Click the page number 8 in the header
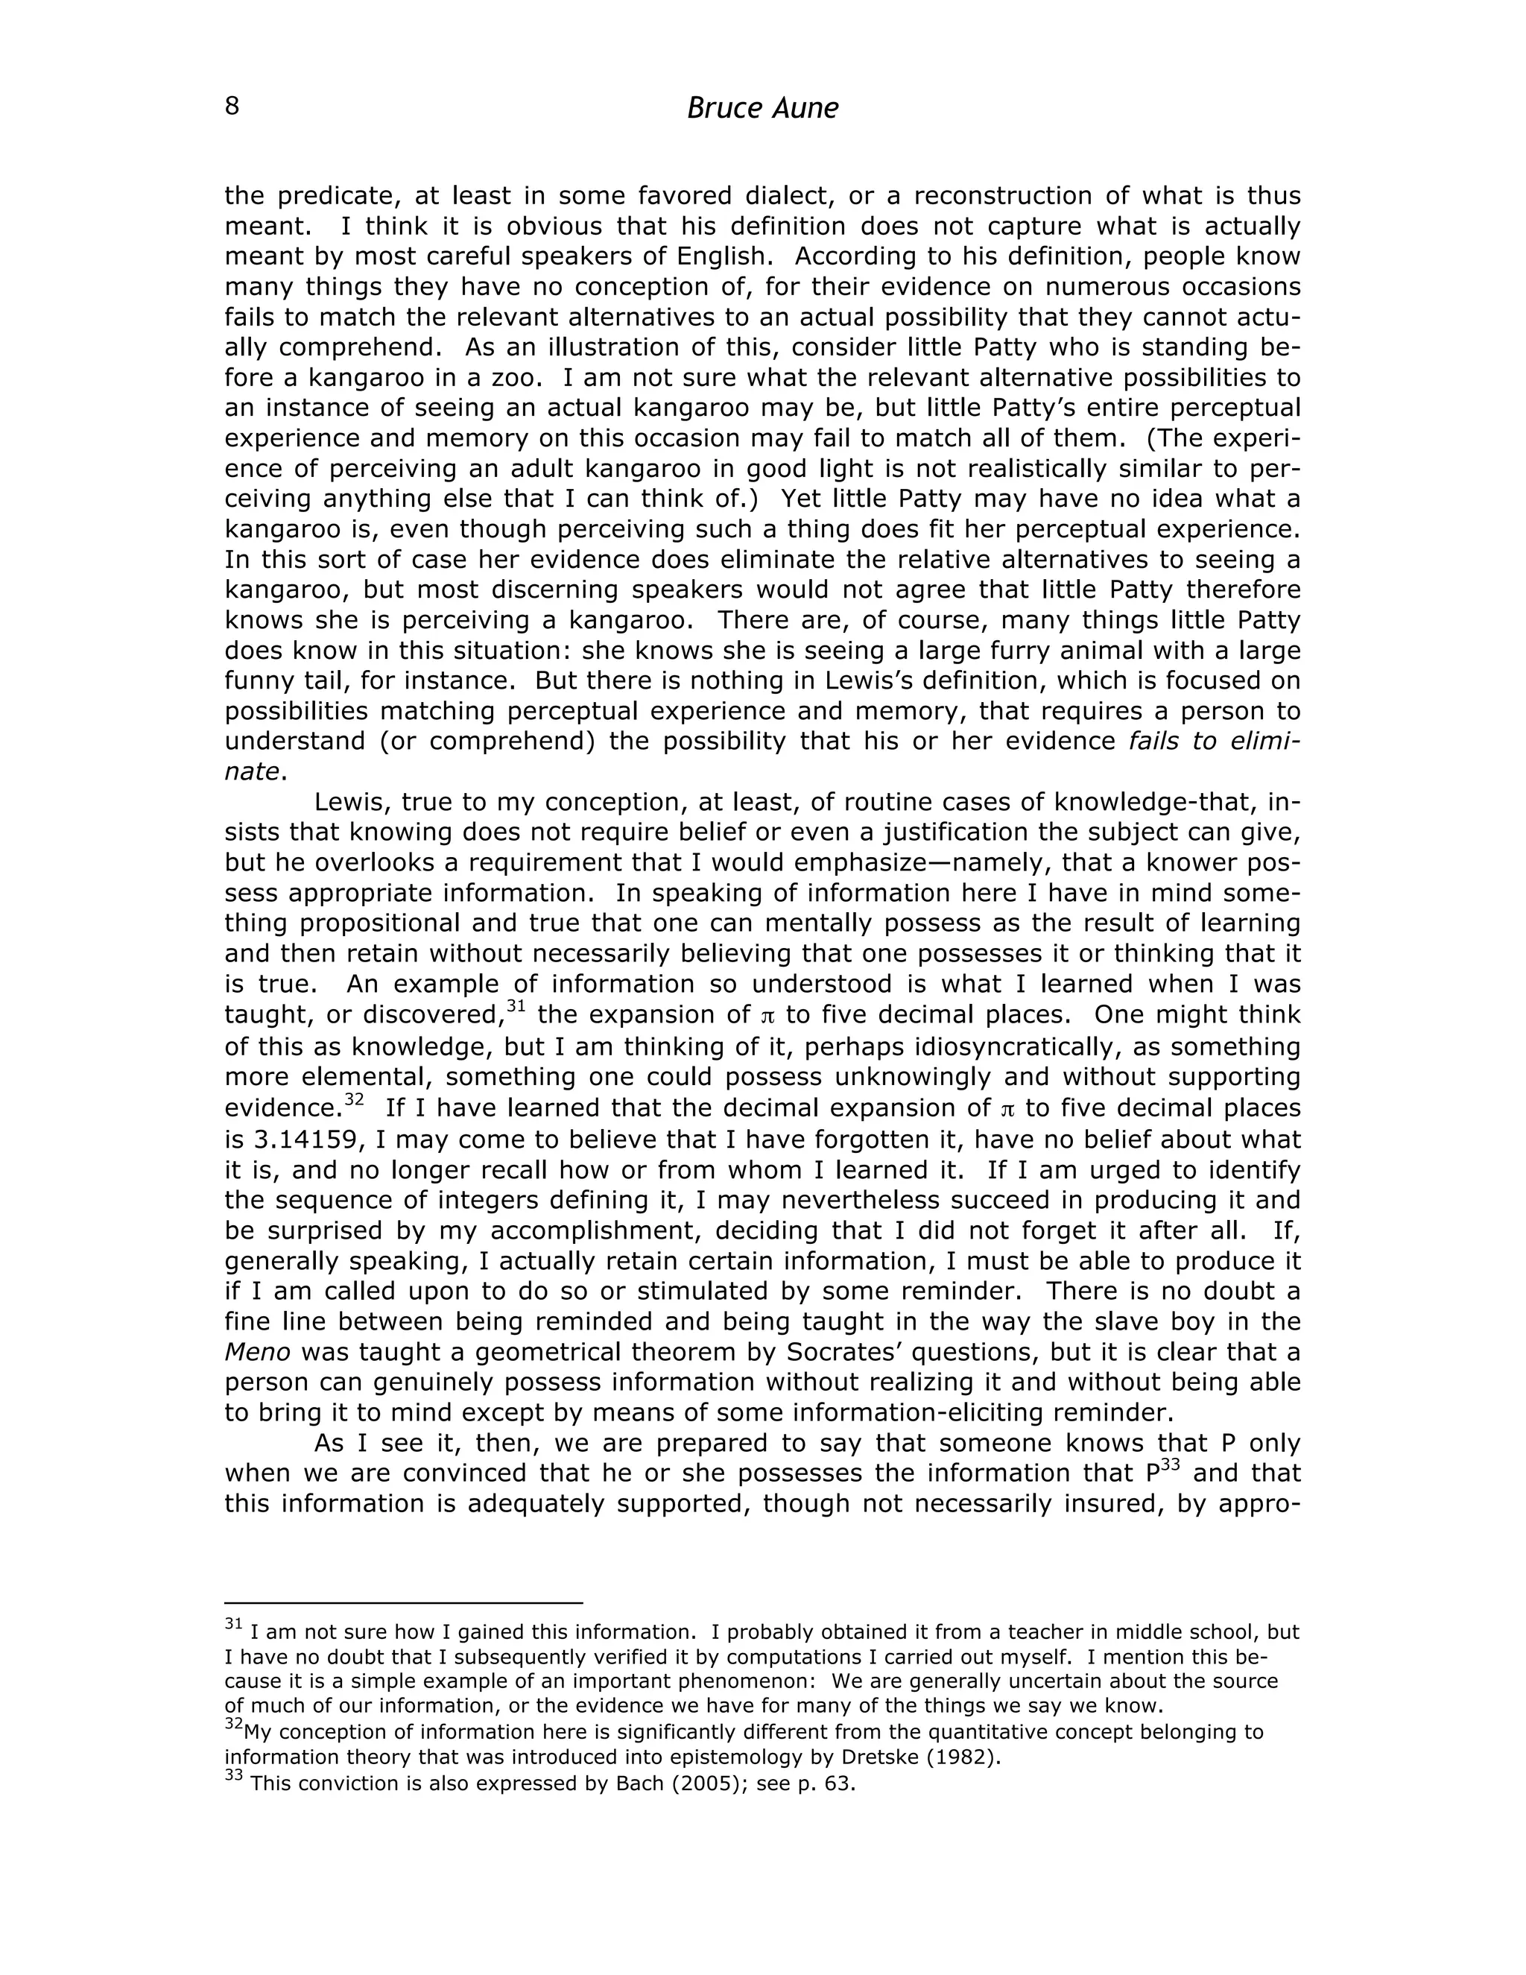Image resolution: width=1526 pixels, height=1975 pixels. tap(232, 107)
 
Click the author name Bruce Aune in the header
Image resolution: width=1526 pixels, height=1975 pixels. tap(762, 109)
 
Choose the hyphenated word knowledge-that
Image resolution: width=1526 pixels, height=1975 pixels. tap(1156, 802)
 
